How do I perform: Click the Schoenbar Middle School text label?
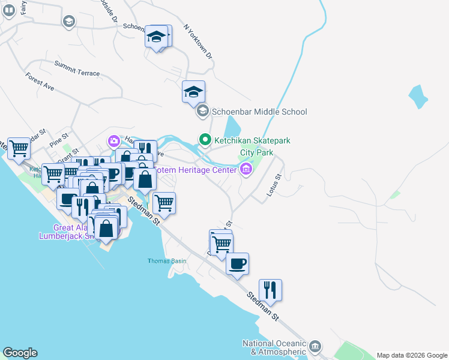[259, 112]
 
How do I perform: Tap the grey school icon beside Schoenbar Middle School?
[203, 111]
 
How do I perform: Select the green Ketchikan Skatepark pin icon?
[205, 140]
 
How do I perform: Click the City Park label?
[256, 152]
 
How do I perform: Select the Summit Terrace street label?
[77, 68]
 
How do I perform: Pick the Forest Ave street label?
[40, 82]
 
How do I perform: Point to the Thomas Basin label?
[167, 261]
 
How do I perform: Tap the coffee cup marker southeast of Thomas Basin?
[238, 264]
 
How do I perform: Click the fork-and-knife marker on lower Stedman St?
[271, 290]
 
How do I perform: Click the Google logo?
[20, 353]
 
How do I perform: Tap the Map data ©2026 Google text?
[412, 355]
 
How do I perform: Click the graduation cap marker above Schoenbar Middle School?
[194, 92]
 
